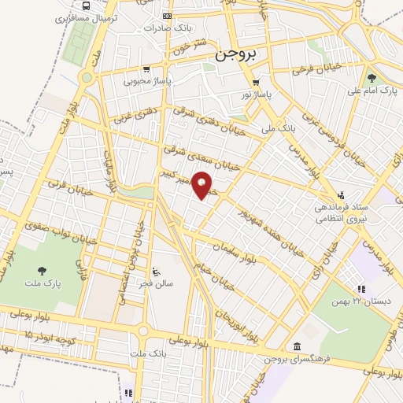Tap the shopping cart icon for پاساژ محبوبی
pos(146,68)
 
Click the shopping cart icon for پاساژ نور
pos(257,82)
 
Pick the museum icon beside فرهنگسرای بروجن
pos(296,346)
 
